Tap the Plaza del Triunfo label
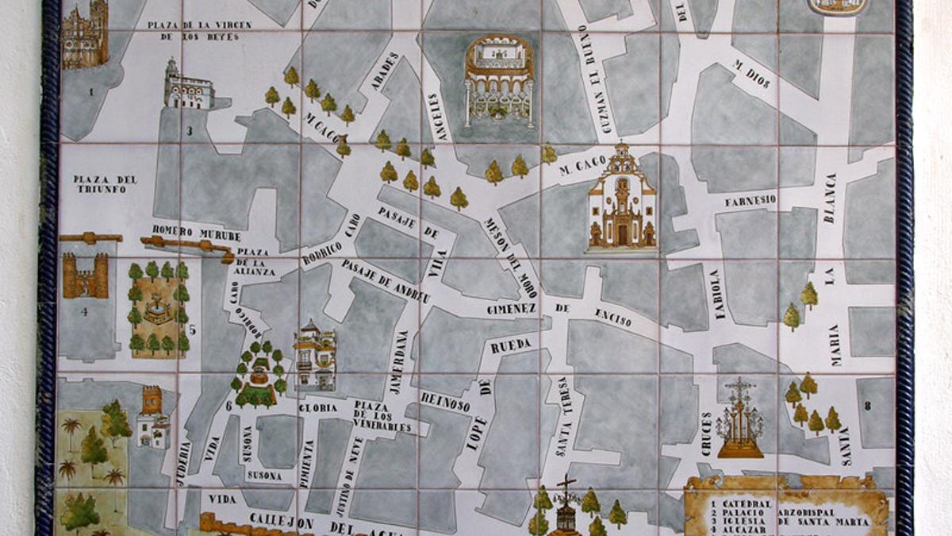click(x=106, y=184)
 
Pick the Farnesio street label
click(x=750, y=201)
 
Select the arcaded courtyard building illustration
click(x=499, y=80)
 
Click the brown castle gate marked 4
click(x=85, y=275)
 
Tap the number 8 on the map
click(x=868, y=406)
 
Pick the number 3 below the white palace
click(x=190, y=132)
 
